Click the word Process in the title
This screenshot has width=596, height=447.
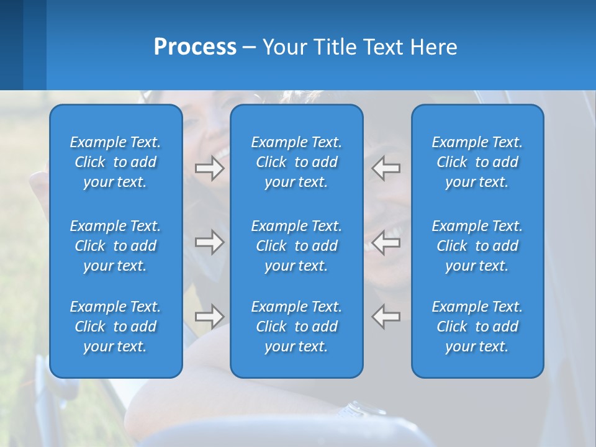[195, 47]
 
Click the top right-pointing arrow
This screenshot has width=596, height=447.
[210, 168]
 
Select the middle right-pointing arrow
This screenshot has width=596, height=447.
[210, 242]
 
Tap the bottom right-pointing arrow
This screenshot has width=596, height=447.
[210, 316]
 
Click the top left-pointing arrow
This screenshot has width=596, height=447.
[386, 168]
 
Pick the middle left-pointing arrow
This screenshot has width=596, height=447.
[386, 242]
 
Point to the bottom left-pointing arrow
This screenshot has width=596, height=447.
[386, 316]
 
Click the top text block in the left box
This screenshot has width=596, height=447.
[115, 162]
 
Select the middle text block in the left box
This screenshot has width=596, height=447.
[115, 246]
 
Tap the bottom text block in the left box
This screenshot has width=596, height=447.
[115, 327]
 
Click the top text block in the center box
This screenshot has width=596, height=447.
[297, 162]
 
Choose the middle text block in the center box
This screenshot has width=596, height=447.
[297, 246]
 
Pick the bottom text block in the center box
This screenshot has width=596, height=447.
[297, 327]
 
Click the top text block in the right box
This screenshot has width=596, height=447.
[477, 162]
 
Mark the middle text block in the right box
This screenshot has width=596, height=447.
[477, 246]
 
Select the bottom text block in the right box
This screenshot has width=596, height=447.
[477, 327]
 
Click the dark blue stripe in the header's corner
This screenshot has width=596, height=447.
[11, 45]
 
